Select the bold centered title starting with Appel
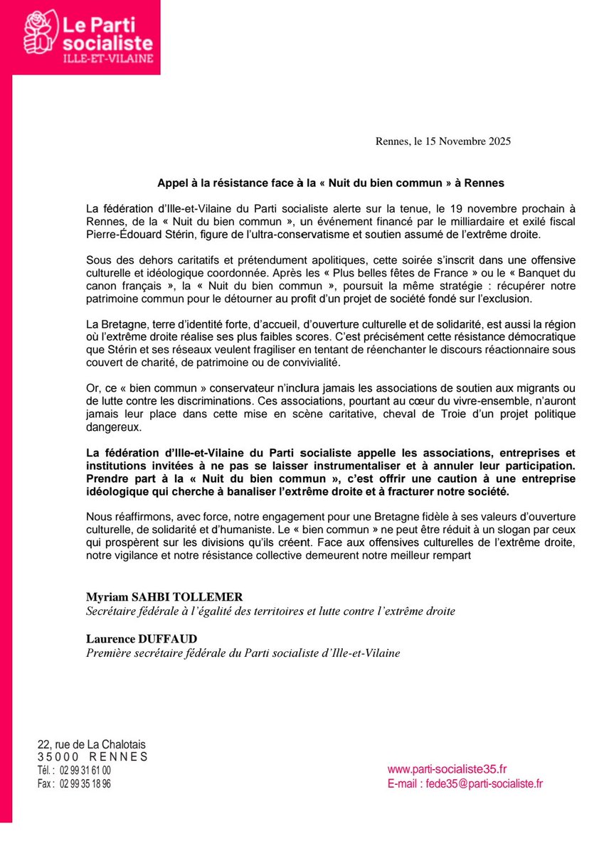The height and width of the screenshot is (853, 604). coord(331,183)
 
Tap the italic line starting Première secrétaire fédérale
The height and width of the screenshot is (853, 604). coord(243,653)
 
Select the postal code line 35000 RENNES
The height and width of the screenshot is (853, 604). coord(92,757)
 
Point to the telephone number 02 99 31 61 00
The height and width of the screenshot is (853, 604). coord(85,770)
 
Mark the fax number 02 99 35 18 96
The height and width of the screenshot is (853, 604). coord(85,783)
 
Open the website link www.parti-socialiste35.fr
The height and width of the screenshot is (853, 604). coord(447,769)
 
